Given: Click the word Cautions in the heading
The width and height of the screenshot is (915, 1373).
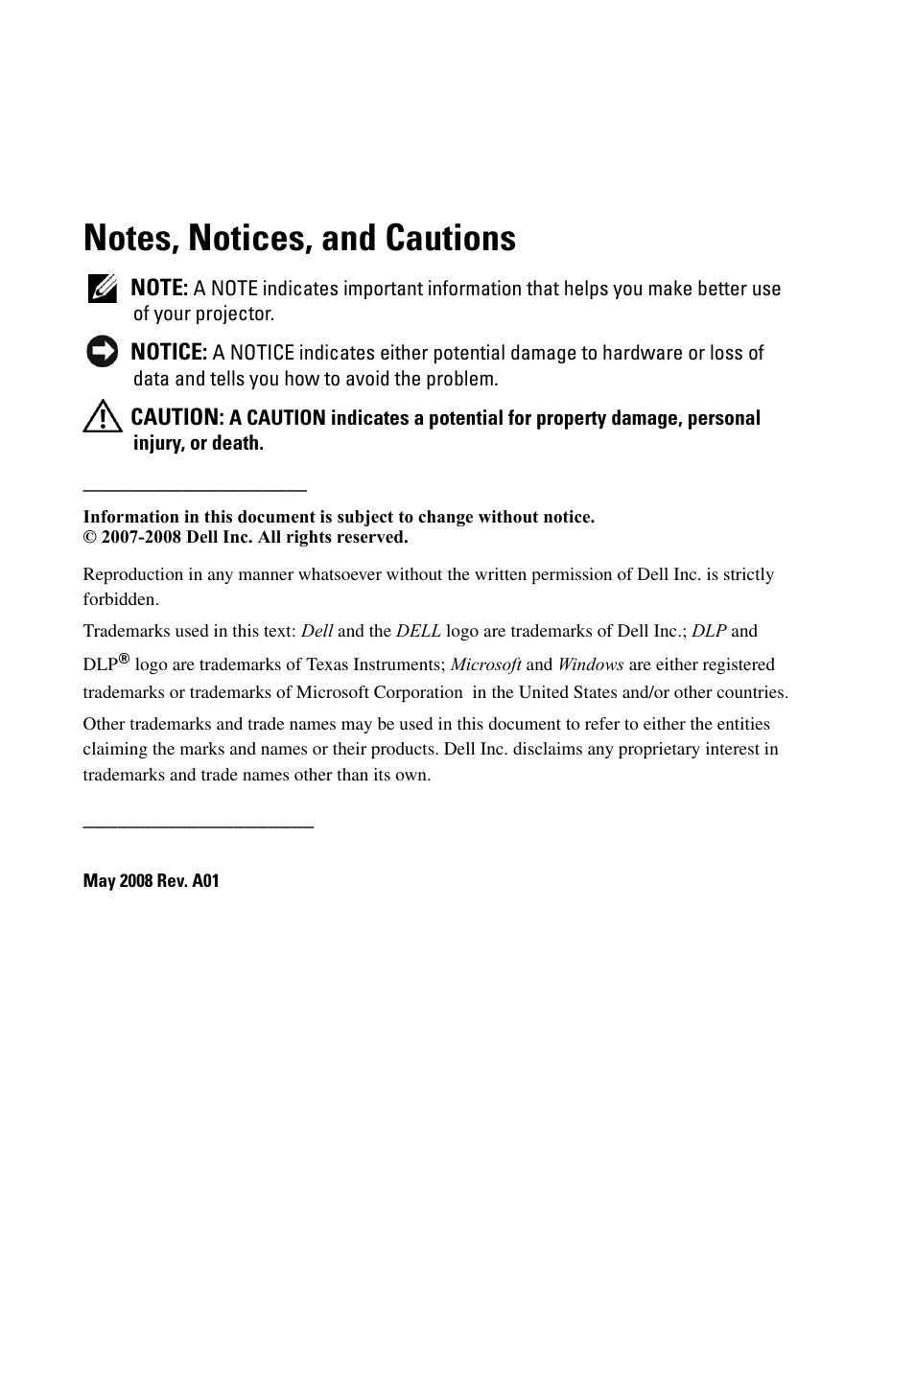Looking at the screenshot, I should click(451, 238).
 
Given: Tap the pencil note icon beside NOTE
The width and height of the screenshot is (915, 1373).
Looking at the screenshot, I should click(103, 289).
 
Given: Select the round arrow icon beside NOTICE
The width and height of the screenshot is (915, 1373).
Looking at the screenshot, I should click(102, 352).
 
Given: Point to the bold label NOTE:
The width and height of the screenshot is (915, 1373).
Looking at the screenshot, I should click(159, 288).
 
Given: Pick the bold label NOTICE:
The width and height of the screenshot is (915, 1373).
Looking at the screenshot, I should click(169, 352).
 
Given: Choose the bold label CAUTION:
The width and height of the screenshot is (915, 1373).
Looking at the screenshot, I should click(176, 417).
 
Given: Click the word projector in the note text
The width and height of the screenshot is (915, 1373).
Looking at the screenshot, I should click(236, 314).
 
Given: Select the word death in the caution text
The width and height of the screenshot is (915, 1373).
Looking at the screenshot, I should click(239, 443).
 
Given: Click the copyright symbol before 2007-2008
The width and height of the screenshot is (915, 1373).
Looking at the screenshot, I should click(90, 537).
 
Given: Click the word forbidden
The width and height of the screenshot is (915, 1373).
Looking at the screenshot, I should click(119, 599).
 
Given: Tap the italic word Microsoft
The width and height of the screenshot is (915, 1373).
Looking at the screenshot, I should click(486, 664).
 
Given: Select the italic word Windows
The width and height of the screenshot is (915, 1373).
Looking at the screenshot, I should click(591, 664).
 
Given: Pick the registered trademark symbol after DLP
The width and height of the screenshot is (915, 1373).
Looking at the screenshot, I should click(124, 659).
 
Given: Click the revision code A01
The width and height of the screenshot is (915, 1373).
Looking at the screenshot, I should click(205, 880).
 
